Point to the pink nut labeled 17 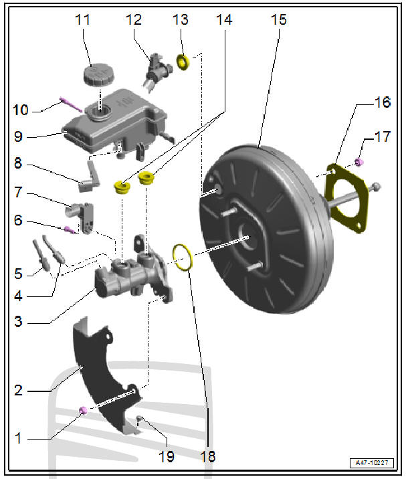(x=359, y=161)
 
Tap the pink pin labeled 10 (x=70, y=104)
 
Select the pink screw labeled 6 (x=70, y=229)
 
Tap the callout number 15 (x=279, y=20)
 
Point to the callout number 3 (x=18, y=321)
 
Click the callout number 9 (x=18, y=137)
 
